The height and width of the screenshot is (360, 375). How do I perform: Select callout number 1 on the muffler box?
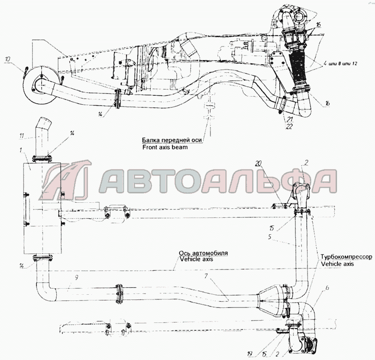(21, 150)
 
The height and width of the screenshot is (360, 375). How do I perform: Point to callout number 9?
(76, 277)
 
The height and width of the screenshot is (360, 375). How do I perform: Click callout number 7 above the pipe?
(206, 276)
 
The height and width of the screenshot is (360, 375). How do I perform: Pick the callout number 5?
(270, 237)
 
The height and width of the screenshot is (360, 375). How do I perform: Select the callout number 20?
(258, 164)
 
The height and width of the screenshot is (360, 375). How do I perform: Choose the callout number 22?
(289, 127)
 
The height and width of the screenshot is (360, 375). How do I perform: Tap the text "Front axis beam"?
(165, 147)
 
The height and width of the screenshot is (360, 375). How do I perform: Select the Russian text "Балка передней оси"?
(172, 140)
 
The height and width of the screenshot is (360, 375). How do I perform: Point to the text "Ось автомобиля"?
(203, 253)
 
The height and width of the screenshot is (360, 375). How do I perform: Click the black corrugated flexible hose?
(299, 70)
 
